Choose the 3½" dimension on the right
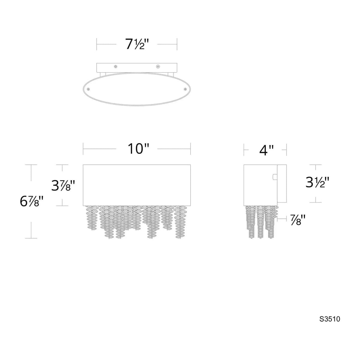[x=318, y=182]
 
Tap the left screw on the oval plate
[x=88, y=89]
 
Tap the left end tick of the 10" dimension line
[x=83, y=149]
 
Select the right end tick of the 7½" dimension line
[x=177, y=44]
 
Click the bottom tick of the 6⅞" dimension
[x=31, y=238]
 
